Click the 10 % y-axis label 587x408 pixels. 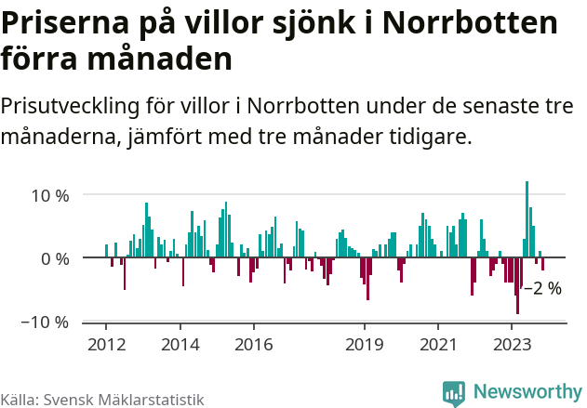coord(51,195)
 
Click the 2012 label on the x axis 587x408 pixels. coord(105,344)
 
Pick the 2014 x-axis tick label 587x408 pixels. coord(180,344)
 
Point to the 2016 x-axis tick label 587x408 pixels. coord(253,344)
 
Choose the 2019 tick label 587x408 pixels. coord(364,344)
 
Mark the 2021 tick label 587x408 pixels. coord(437,344)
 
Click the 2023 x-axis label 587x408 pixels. coord(512,344)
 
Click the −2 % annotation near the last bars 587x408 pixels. coord(543,288)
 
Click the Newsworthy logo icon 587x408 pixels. coord(454,393)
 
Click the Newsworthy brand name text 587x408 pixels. coord(527,392)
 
